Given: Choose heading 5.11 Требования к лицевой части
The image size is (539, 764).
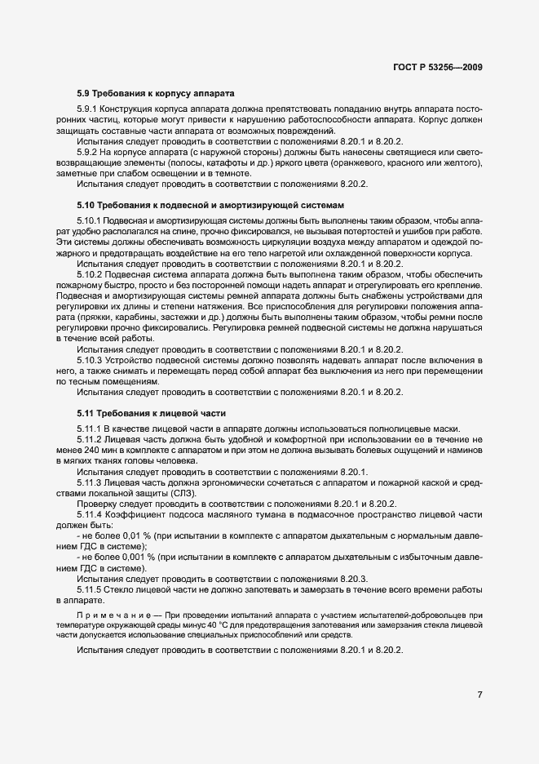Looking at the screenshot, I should point(151,413).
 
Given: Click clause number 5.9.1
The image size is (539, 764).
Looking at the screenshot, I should point(88,109).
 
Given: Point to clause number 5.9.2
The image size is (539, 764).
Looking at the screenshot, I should point(88,152).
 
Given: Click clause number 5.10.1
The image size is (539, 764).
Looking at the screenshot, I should point(91,221).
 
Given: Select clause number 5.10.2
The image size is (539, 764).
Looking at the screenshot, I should point(91,275).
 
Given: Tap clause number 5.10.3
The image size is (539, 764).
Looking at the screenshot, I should point(91,360).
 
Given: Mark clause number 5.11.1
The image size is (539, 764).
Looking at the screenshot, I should point(91,429).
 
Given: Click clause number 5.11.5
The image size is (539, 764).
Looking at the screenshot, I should point(91,589).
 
